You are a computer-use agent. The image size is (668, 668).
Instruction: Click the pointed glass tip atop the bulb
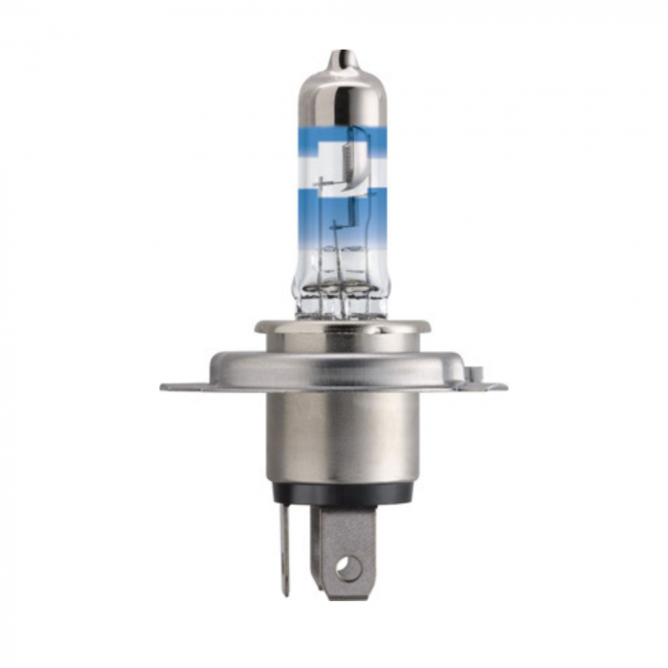(x=336, y=58)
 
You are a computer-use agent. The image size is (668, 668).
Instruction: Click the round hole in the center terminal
(x=348, y=570)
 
